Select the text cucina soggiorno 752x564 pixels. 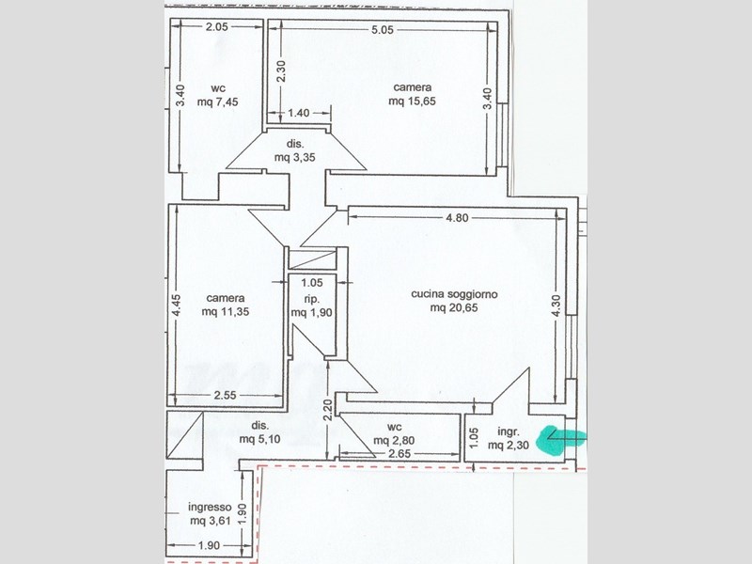point(461,294)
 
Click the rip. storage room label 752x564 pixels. point(310,299)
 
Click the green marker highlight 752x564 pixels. point(560,440)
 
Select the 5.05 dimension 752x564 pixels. point(380,29)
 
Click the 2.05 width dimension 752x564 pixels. point(217,27)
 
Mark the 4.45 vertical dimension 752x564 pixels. point(176,307)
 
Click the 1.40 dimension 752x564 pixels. point(299,113)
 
